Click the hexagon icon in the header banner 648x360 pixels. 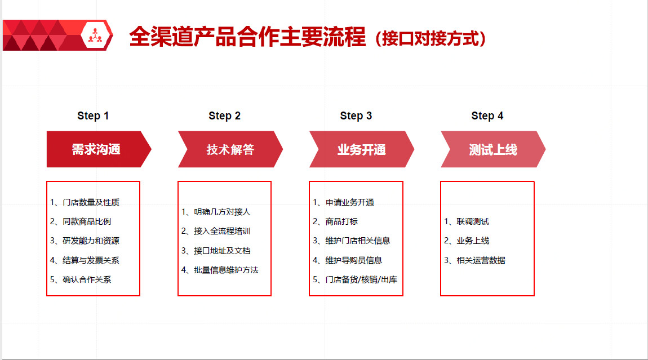tap(95, 35)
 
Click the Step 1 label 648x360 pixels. tap(93, 115)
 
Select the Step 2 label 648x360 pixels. tap(224, 115)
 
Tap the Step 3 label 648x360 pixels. tap(356, 115)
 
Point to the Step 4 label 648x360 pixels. tap(487, 115)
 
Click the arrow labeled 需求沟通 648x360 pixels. tap(99, 149)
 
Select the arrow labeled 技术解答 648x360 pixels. tap(230, 149)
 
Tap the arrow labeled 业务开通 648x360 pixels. tap(362, 149)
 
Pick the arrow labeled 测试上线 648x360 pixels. tap(493, 149)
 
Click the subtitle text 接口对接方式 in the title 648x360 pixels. tap(430, 38)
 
